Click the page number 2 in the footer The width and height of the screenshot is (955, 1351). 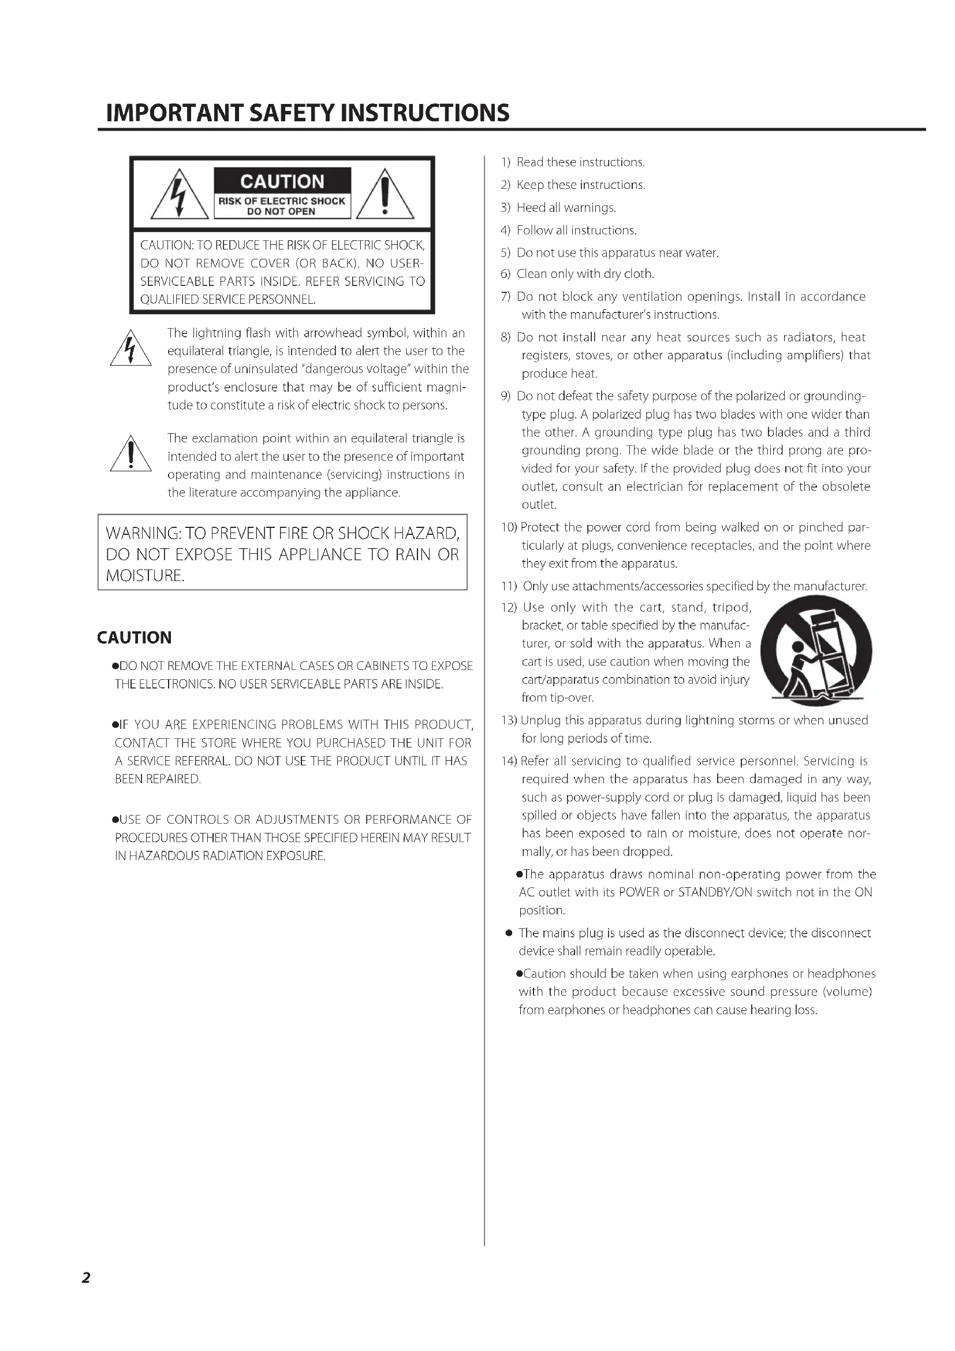click(x=86, y=1278)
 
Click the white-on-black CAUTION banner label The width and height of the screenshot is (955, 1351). click(x=282, y=181)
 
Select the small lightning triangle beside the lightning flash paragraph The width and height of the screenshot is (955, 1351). click(x=130, y=349)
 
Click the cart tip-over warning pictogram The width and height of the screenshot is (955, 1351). click(x=816, y=653)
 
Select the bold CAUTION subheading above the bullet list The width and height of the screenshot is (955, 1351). click(x=134, y=638)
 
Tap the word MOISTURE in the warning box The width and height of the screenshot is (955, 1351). click(x=146, y=575)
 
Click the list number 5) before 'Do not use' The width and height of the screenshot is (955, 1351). click(x=505, y=253)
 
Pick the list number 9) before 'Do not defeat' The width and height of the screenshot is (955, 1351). click(x=505, y=396)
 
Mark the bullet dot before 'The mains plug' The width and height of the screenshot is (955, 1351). click(x=509, y=933)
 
